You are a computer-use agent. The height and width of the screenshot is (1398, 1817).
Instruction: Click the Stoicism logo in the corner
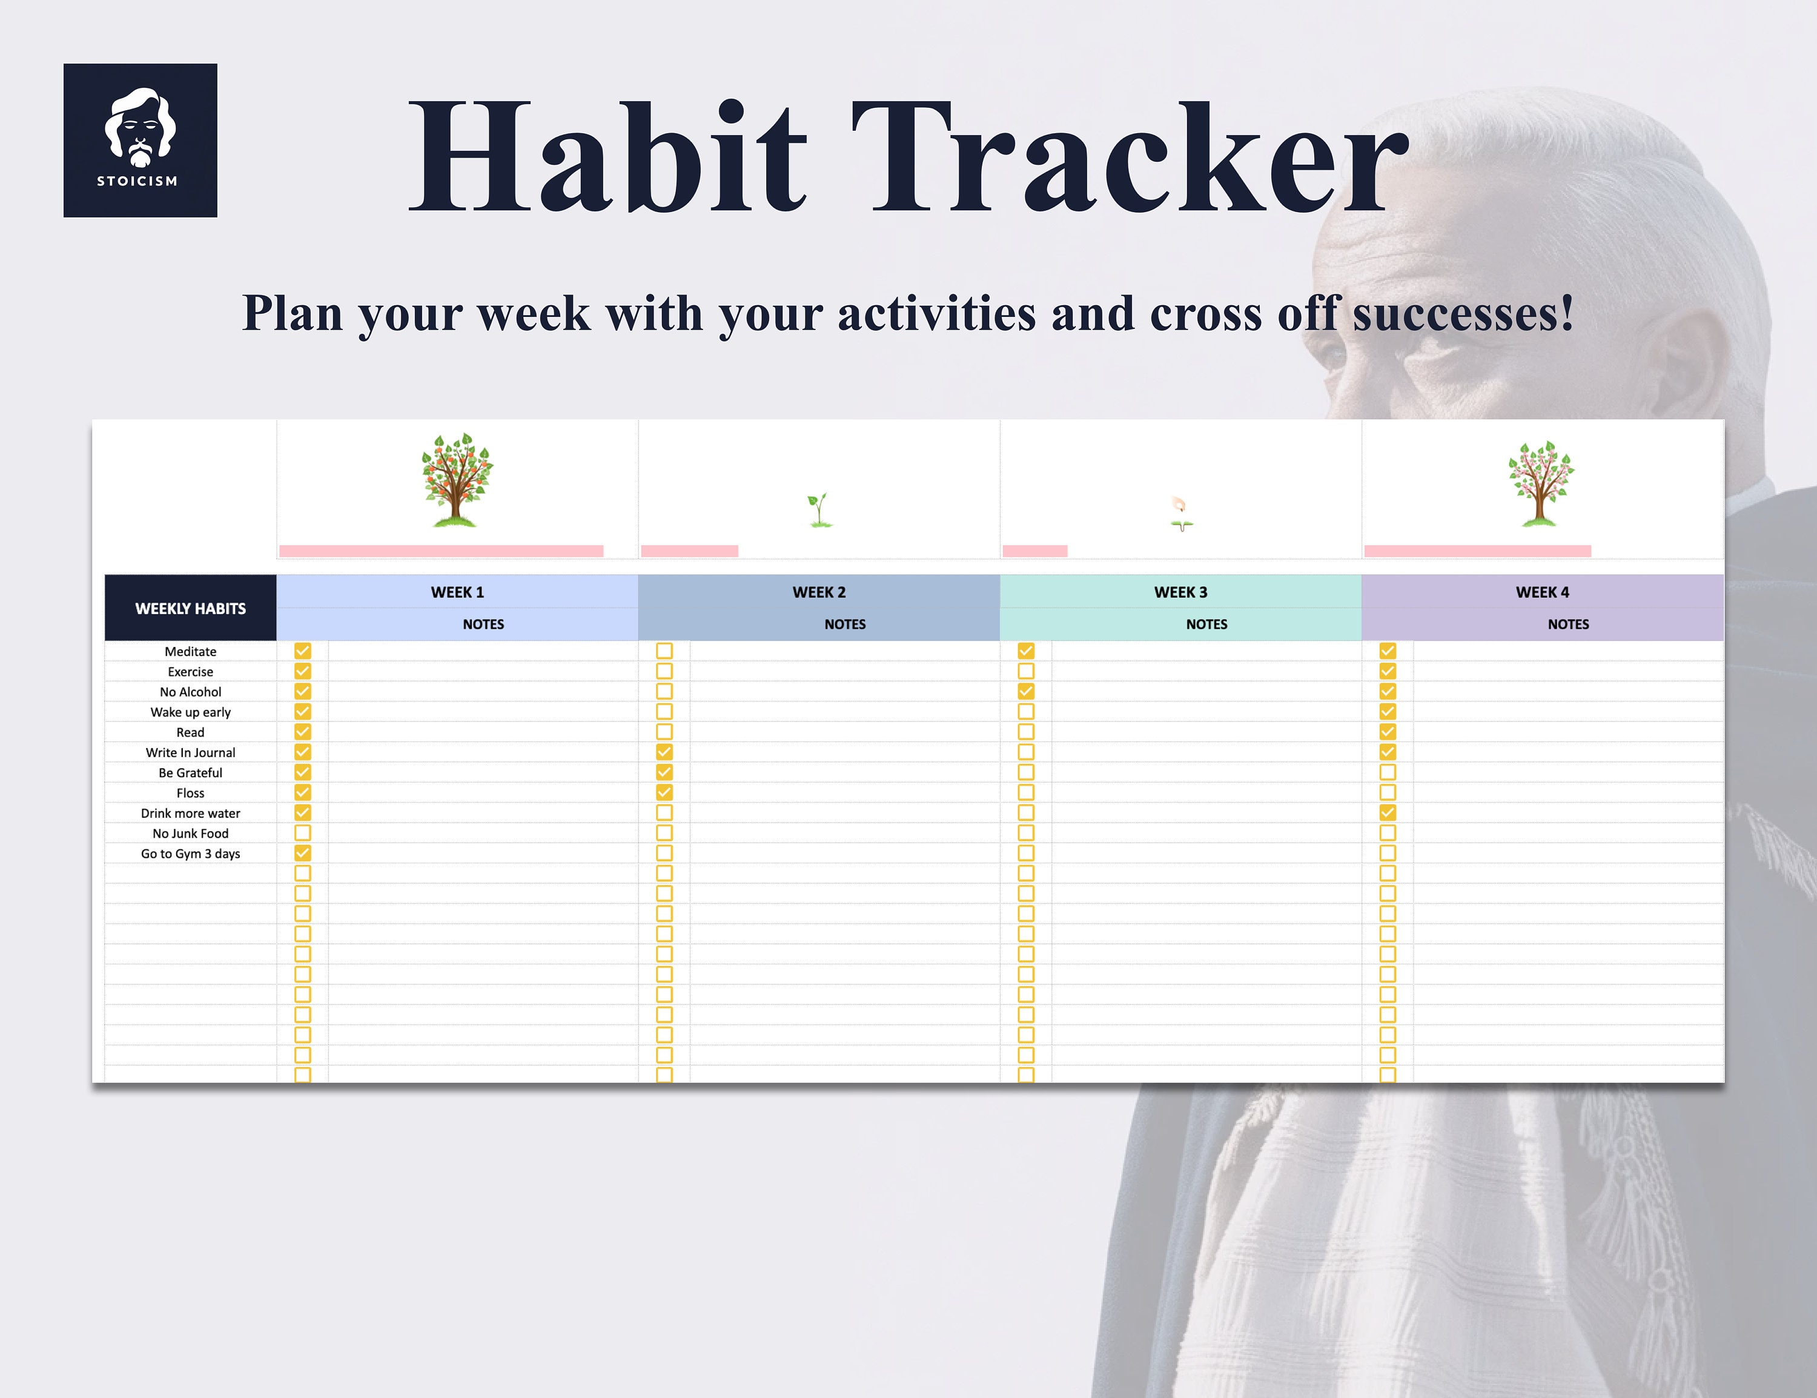pyautogui.click(x=140, y=140)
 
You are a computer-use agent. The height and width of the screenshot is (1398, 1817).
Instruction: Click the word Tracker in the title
pyautogui.click(x=1129, y=158)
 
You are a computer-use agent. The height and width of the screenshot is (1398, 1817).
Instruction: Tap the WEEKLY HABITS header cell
pyautogui.click(x=191, y=608)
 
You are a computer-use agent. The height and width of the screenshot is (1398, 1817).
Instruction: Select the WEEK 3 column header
pyautogui.click(x=1180, y=592)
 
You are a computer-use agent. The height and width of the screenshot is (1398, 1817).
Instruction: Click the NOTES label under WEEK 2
pyautogui.click(x=844, y=624)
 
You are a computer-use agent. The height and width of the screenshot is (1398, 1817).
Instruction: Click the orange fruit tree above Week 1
pyautogui.click(x=457, y=480)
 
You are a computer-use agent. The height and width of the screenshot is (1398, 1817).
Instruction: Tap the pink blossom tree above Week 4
pyautogui.click(x=1540, y=483)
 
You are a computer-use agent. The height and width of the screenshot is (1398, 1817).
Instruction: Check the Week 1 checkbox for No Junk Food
pyautogui.click(x=303, y=833)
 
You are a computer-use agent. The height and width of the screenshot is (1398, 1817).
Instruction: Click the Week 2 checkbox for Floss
pyautogui.click(x=664, y=792)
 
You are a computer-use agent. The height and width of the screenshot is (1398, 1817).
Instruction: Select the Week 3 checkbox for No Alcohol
pyautogui.click(x=1026, y=692)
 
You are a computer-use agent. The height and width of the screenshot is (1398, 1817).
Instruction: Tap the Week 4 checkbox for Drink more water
pyautogui.click(x=1388, y=813)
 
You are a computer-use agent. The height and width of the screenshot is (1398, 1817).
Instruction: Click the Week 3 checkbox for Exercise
pyautogui.click(x=1026, y=671)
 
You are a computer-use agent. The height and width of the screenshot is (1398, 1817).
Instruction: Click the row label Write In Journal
pyautogui.click(x=191, y=752)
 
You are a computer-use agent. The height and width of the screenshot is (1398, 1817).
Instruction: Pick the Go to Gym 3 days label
pyautogui.click(x=191, y=854)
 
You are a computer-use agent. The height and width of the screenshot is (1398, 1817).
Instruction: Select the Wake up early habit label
pyautogui.click(x=191, y=712)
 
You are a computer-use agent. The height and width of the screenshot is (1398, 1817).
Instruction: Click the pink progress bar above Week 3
pyautogui.click(x=1035, y=551)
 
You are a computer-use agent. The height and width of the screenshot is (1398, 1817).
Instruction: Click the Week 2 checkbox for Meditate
pyautogui.click(x=664, y=651)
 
